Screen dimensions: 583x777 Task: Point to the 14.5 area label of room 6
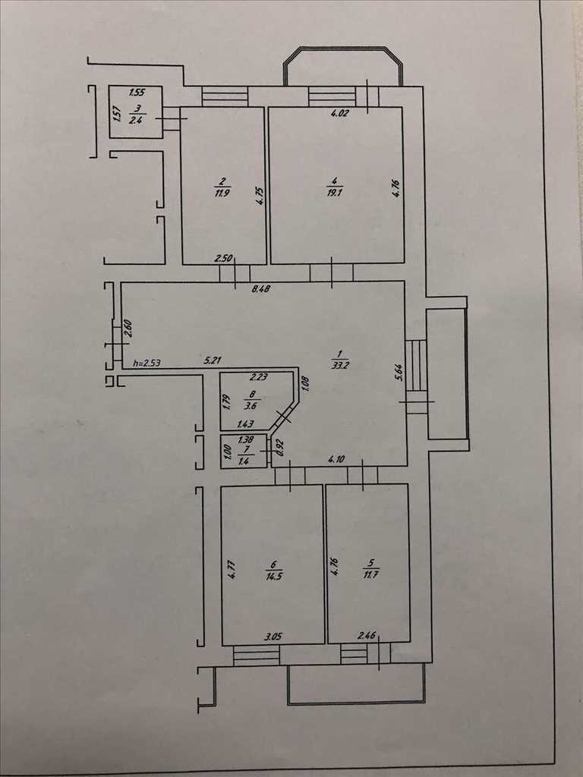(274, 577)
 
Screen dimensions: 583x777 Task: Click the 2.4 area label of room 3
(135, 119)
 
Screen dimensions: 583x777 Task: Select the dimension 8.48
(261, 289)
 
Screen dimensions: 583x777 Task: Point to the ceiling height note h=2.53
(147, 363)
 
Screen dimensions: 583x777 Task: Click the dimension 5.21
(213, 360)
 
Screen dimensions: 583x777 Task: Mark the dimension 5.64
(399, 373)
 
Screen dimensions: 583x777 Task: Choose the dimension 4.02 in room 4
(340, 114)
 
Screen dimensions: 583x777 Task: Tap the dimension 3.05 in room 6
(273, 637)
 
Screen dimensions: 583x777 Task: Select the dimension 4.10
(336, 459)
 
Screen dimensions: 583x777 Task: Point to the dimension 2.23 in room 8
(259, 377)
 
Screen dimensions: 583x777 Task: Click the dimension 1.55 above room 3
(137, 93)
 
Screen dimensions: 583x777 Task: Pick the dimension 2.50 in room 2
(223, 258)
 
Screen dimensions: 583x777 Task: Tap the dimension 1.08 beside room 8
(305, 383)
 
